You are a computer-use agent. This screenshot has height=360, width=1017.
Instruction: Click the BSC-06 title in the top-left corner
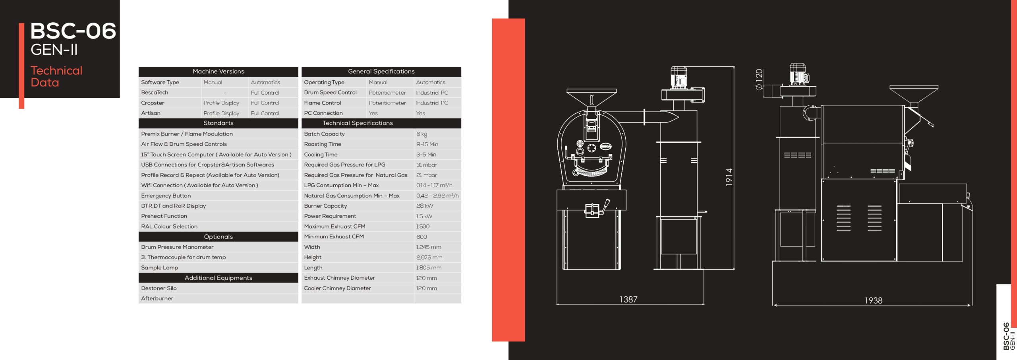coord(73,31)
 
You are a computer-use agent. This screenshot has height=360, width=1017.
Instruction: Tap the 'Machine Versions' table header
coord(218,72)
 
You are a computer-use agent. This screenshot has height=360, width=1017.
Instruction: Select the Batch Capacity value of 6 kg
coord(421,134)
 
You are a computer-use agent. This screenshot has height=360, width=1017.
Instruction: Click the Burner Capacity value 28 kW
coord(424,206)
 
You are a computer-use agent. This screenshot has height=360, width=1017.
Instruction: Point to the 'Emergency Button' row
coord(166,196)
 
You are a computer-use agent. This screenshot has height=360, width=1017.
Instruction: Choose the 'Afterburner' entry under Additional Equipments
coord(157,298)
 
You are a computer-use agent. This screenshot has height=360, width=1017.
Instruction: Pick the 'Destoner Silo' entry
coord(159,288)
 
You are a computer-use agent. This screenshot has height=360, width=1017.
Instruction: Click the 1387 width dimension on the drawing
coord(628,299)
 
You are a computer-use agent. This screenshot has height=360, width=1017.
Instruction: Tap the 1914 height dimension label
coord(729,177)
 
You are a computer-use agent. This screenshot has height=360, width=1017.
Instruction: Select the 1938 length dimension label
coord(873,300)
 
